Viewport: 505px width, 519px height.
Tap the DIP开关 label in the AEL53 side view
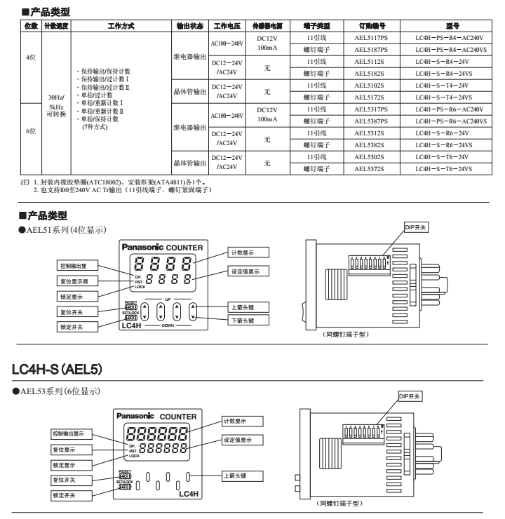pyautogui.click(x=409, y=396)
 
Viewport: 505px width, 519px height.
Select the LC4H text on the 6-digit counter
pyautogui.click(x=189, y=494)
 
